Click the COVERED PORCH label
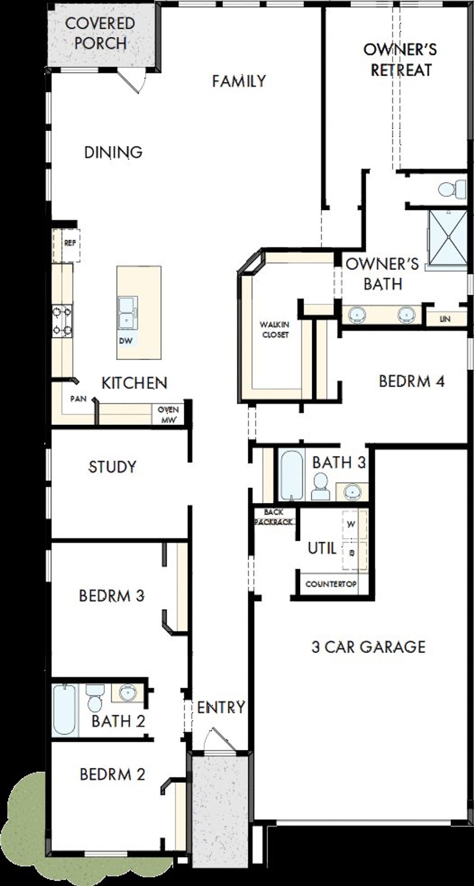click(100, 33)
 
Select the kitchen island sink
click(127, 313)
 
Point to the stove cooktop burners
click(62, 320)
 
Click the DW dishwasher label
click(126, 341)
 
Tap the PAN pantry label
click(79, 399)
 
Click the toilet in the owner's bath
click(452, 189)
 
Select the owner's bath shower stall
click(448, 237)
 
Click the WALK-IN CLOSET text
click(274, 330)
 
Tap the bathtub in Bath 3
click(291, 475)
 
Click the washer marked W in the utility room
click(352, 524)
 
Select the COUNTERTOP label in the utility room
click(331, 584)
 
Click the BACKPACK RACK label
click(274, 517)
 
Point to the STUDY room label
click(112, 467)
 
